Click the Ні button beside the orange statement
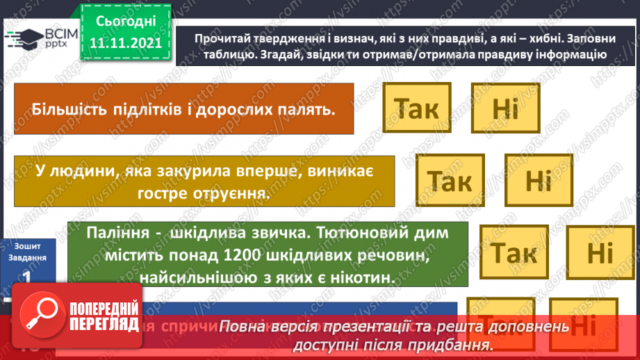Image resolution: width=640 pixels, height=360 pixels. click(505, 108)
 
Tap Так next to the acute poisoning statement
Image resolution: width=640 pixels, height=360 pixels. click(450, 181)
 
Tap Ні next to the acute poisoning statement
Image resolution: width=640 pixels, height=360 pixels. click(538, 181)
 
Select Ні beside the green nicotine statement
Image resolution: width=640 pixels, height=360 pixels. click(600, 253)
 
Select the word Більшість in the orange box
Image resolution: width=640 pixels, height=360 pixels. click(65, 110)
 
